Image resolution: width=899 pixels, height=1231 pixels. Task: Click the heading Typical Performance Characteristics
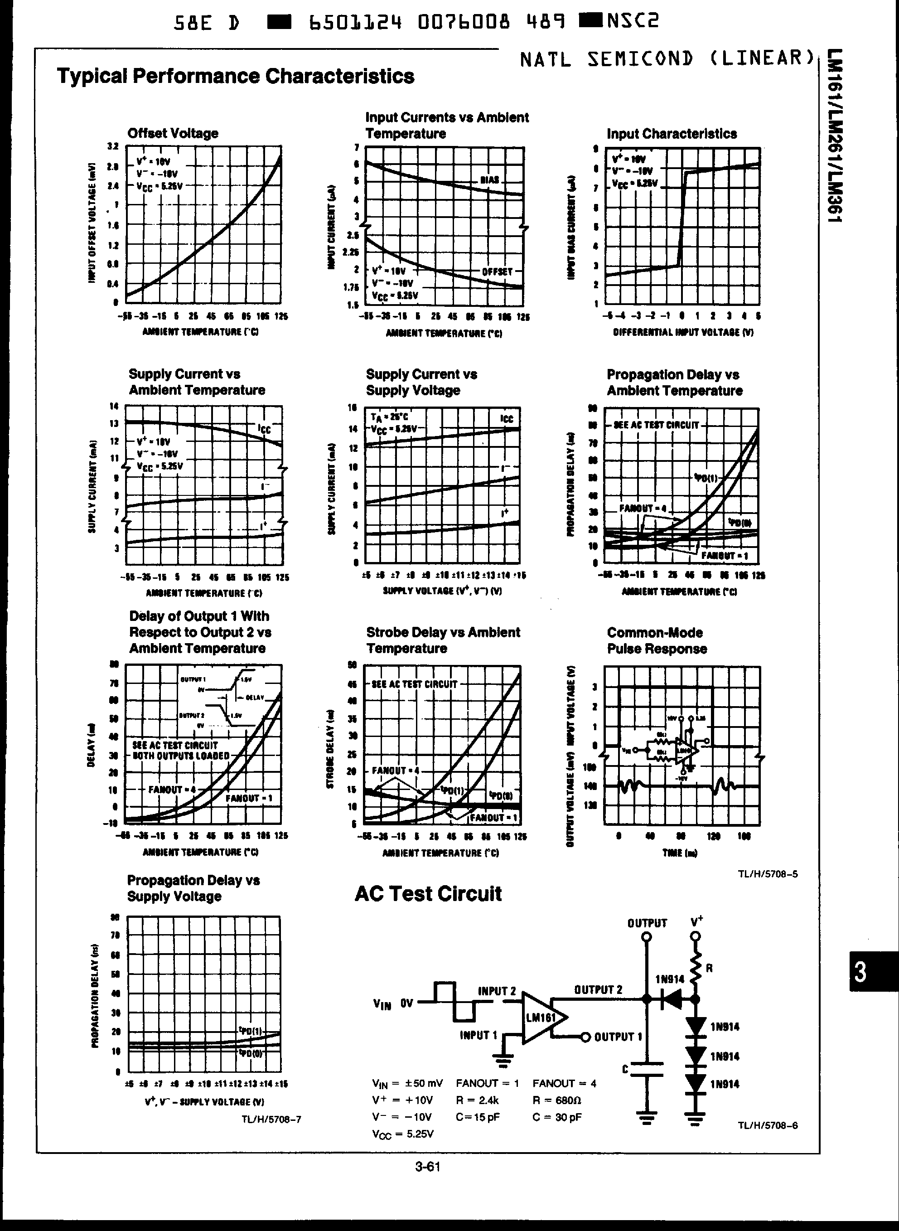[235, 76]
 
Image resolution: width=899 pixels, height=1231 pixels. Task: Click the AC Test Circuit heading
[428, 894]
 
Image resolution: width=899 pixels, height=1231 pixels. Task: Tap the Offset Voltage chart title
[173, 133]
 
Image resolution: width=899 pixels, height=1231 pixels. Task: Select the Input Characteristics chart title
[672, 134]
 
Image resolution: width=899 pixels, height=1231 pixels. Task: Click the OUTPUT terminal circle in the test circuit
[647, 936]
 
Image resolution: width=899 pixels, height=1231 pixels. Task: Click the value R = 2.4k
[477, 1100]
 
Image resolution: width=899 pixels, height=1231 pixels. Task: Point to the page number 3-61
[427, 1166]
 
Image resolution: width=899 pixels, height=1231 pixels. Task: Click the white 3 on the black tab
[860, 972]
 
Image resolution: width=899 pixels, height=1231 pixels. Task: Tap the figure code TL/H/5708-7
[271, 1119]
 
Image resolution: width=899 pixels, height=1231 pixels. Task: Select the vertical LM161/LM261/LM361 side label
[834, 136]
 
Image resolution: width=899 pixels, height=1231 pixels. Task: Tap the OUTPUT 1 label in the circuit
[618, 1036]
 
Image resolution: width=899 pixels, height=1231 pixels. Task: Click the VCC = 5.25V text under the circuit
[403, 1134]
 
